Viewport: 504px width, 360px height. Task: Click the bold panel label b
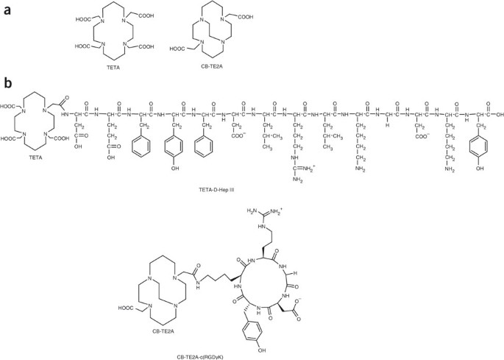pyautogui.click(x=8, y=83)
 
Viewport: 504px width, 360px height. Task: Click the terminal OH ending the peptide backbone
pyautogui.click(x=498, y=114)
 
